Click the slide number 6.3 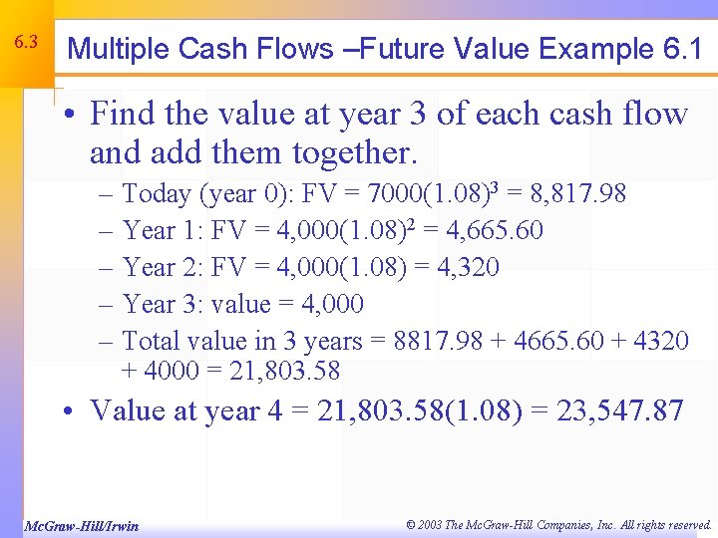[26, 43]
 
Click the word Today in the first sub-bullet [155, 193]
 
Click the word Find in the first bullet [122, 114]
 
